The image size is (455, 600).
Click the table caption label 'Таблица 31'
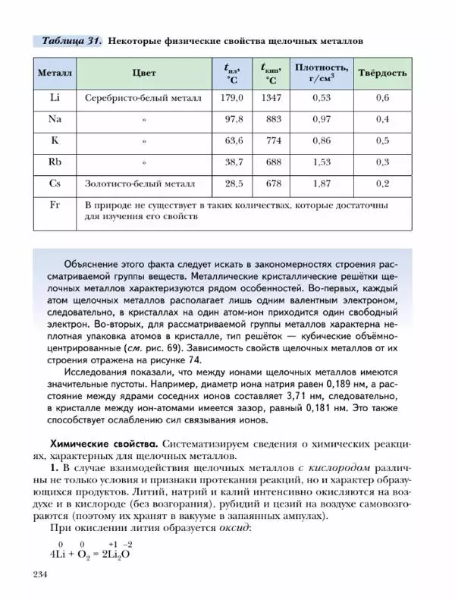pos(71,39)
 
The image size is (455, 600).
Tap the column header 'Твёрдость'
pos(383,74)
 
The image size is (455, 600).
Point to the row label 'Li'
pos(55,98)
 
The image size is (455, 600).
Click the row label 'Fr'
pos(55,205)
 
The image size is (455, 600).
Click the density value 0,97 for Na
pos(322,119)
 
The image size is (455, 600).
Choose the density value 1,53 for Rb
pos(322,162)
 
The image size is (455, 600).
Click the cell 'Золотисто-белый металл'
pos(140,184)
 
